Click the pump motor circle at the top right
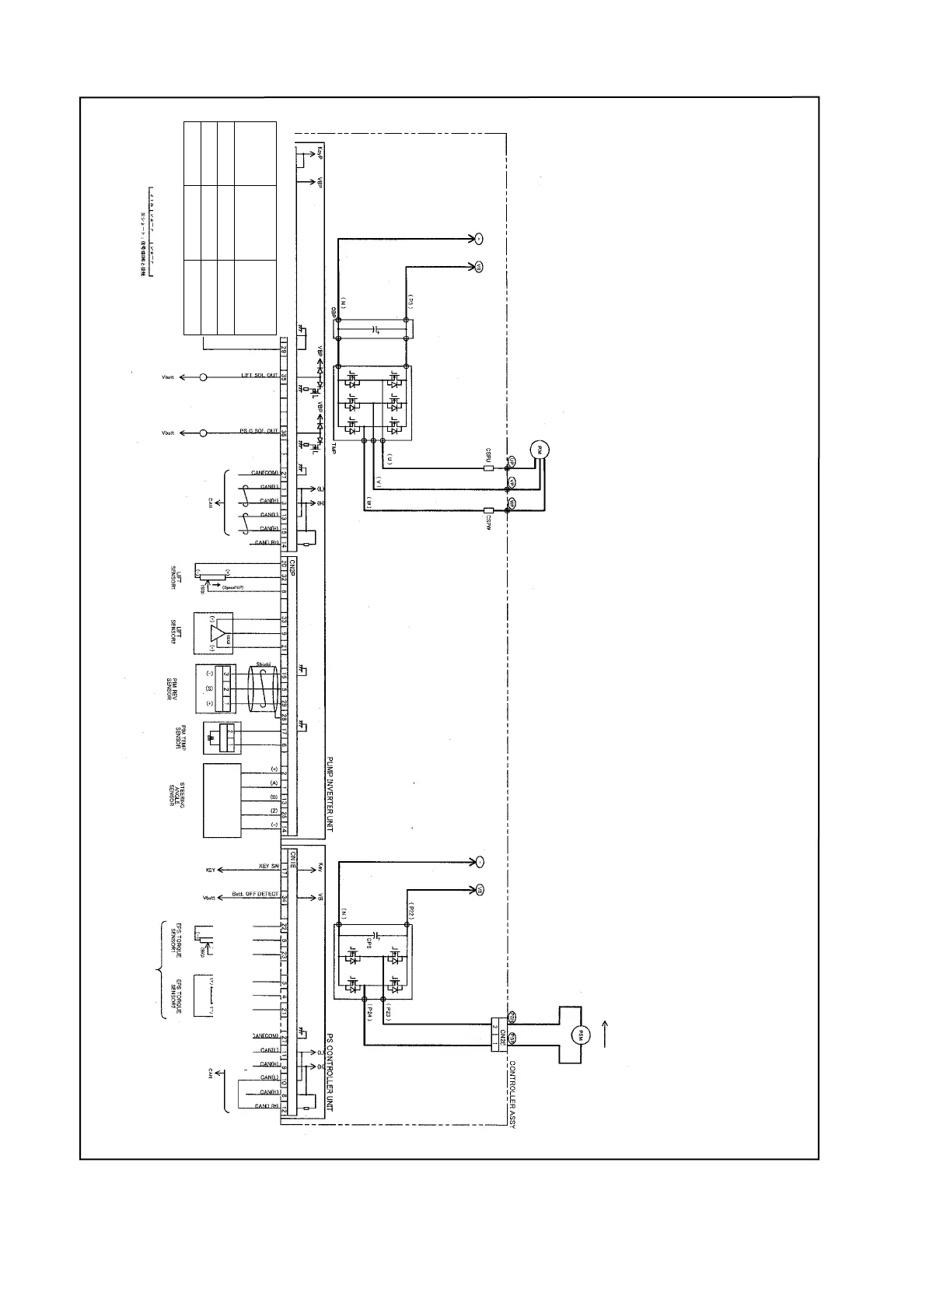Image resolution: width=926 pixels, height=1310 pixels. tap(539, 450)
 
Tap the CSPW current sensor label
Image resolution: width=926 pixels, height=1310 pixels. tap(488, 520)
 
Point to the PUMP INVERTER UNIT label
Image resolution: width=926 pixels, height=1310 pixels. tap(330, 793)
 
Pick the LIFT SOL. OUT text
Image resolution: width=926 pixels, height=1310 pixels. tap(259, 376)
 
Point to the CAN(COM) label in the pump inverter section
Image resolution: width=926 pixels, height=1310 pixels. tap(264, 473)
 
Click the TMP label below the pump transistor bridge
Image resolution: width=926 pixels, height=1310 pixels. tap(334, 449)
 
